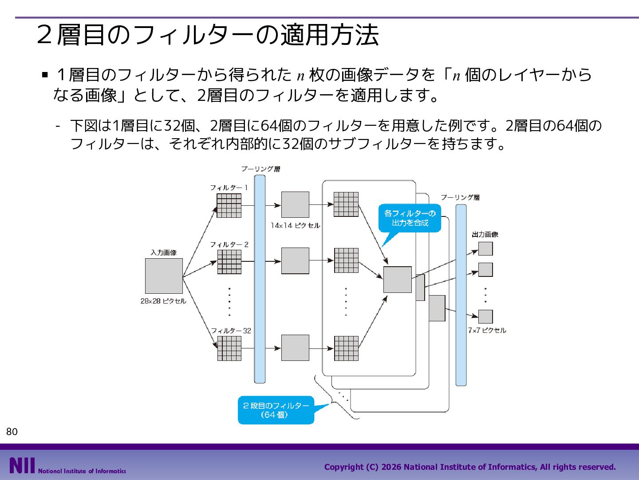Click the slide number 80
[x=12, y=432]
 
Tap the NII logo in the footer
[x=22, y=465]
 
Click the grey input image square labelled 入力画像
[x=164, y=276]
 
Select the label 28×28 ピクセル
[x=163, y=301]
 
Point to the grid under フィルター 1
[x=229, y=206]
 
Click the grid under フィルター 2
[x=229, y=262]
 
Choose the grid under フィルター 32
[x=229, y=348]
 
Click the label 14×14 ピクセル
[x=295, y=226]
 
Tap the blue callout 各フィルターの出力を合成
[x=410, y=218]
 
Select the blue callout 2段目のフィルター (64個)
[x=276, y=410]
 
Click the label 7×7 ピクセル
[x=487, y=330]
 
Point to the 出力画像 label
[x=485, y=234]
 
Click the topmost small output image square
[x=485, y=248]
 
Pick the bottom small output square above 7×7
[x=485, y=316]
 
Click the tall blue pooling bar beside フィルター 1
[x=260, y=279]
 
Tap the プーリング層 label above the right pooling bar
[x=460, y=198]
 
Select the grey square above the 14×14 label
[x=295, y=204]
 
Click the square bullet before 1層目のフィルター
[x=45, y=75]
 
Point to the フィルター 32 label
[x=231, y=331]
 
